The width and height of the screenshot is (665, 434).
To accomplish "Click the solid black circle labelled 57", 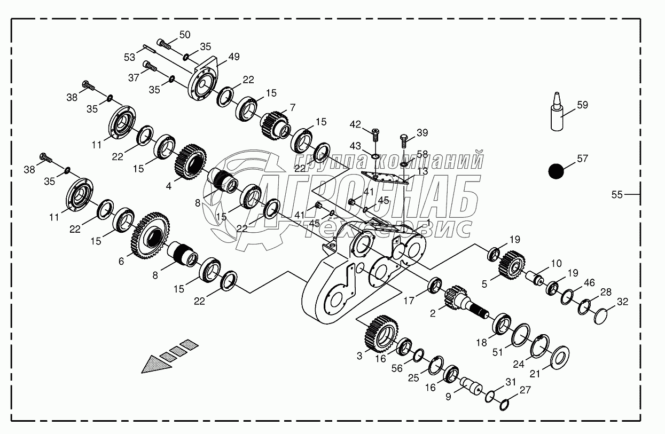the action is coord(556,171).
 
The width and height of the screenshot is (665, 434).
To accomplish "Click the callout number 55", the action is coord(617,195).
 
